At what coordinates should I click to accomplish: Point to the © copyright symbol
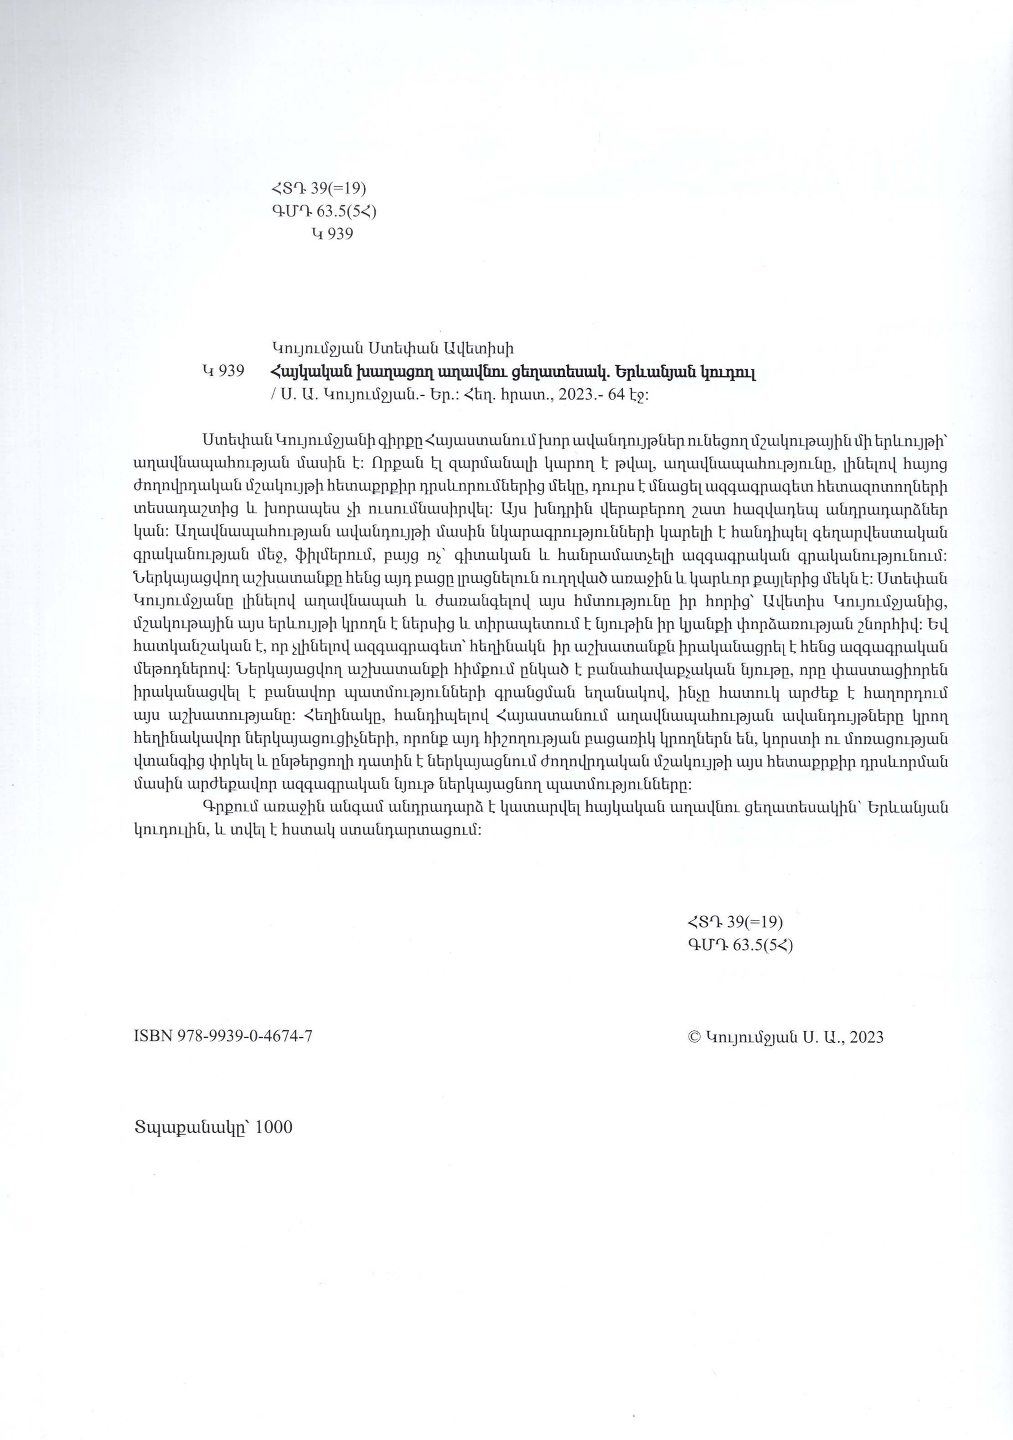point(694,1037)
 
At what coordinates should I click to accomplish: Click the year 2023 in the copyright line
point(867,1037)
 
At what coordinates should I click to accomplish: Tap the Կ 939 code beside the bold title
point(223,371)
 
